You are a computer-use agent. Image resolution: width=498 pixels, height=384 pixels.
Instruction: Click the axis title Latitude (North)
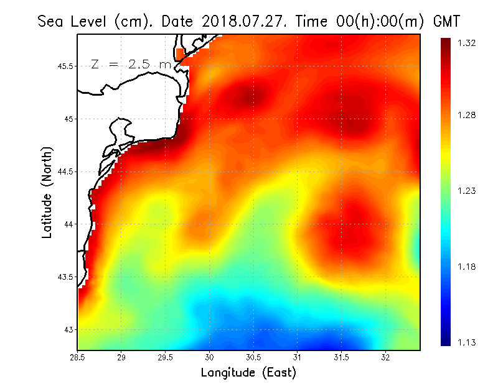(x=47, y=192)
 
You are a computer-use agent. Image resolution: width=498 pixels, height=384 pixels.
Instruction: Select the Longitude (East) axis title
(x=248, y=373)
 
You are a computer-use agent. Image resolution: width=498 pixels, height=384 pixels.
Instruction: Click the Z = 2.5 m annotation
(x=131, y=64)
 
